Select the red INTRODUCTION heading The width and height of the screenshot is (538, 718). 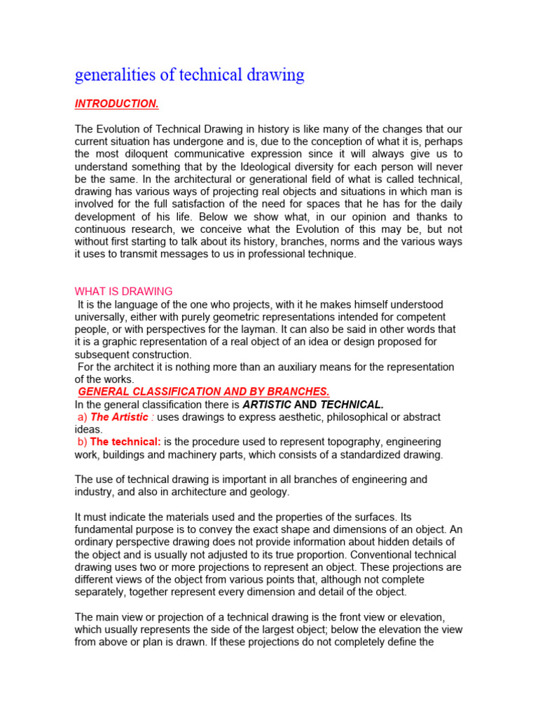pos(116,104)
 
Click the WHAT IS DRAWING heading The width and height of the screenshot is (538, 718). pos(123,291)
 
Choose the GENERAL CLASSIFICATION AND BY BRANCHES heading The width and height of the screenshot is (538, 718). pos(203,391)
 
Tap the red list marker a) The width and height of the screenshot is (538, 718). pos(81,417)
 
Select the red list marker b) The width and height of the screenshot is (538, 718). pos(81,442)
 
